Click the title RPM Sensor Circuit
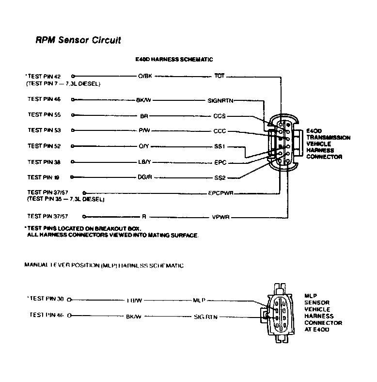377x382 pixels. [x=78, y=41]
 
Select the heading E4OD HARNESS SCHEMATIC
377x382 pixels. [x=173, y=60]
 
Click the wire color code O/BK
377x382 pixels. [x=145, y=77]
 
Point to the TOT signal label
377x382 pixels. [x=219, y=77]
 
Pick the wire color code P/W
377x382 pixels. [x=144, y=131]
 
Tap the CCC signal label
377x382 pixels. [x=220, y=131]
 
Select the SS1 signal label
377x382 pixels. [x=220, y=146]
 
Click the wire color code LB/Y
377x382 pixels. [x=145, y=162]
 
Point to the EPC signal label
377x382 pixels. [x=220, y=162]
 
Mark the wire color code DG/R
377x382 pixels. [x=145, y=177]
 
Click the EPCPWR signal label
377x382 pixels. [x=221, y=193]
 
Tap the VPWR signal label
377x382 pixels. [x=220, y=217]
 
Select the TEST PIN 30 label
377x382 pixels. [x=47, y=299]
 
